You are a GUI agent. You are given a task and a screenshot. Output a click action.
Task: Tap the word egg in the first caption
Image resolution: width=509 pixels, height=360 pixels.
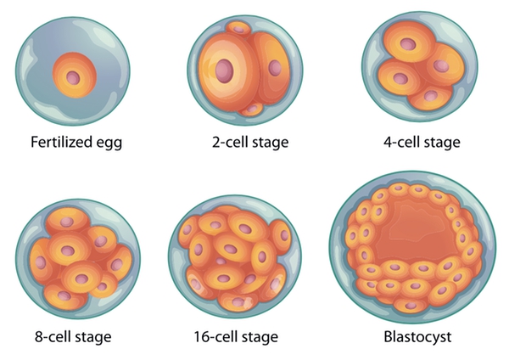pos(109,143)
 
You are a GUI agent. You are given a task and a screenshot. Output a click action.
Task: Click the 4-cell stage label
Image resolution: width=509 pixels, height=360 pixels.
pos(421,142)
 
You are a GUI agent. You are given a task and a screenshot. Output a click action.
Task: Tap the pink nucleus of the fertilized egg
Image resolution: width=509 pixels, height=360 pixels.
pos(75,77)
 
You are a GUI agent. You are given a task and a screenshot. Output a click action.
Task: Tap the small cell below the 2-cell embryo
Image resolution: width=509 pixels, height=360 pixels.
pos(252,108)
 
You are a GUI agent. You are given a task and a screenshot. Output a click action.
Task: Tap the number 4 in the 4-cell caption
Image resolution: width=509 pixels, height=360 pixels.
pos(388,142)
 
